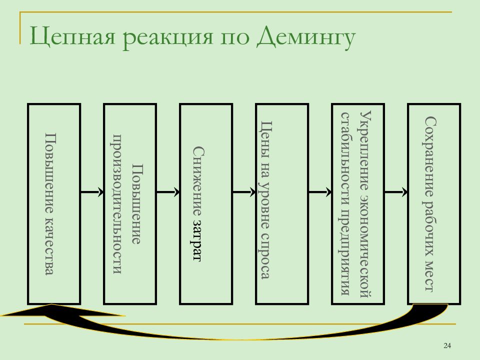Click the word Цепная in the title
pos(72,36)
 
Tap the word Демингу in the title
pos(306,36)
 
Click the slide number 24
pos(447,345)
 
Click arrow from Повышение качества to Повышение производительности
pos(92,192)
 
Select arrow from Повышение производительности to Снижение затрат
pos(168,192)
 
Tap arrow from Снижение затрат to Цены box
pos(244,192)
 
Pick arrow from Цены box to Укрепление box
pos(320,192)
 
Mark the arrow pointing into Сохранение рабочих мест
pos(396,192)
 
